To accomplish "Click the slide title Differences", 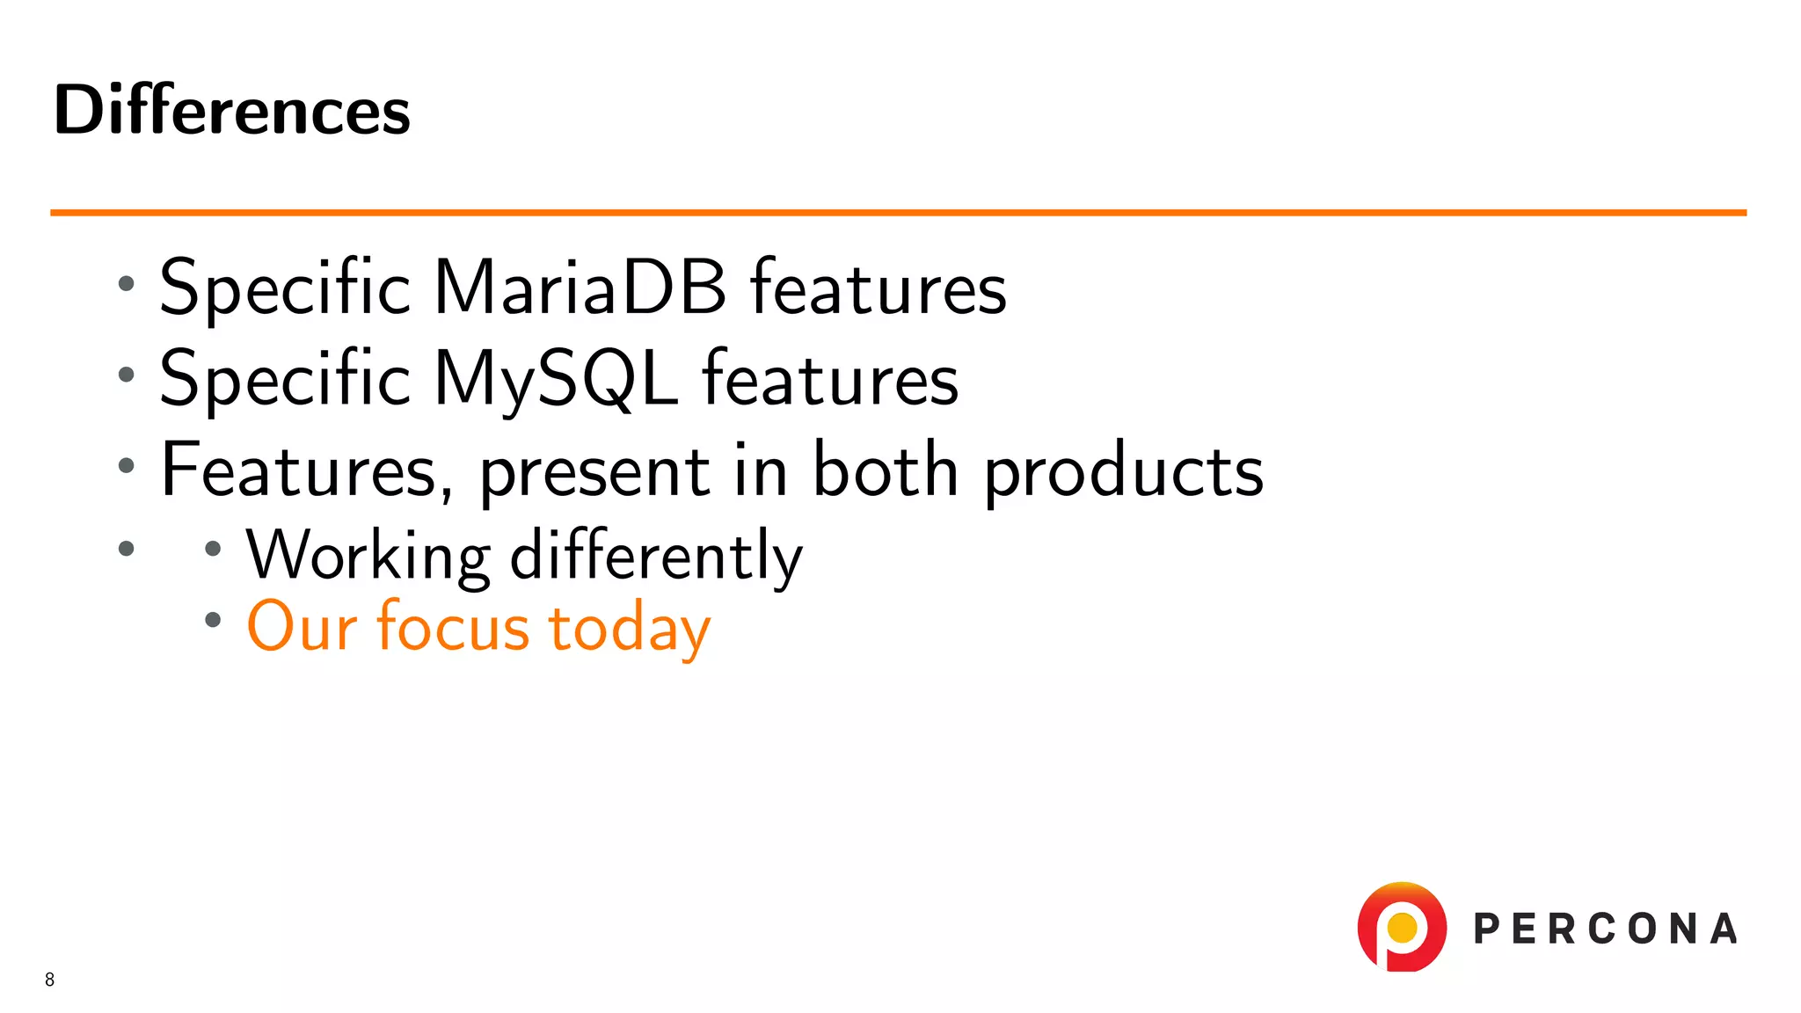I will (232, 111).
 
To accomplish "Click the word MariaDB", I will (580, 288).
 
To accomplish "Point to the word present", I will (594, 472).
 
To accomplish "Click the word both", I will (885, 470).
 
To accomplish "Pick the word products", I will (1123, 472).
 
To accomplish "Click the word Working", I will (368, 556).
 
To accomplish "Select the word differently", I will (656, 556).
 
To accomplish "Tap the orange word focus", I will (453, 627).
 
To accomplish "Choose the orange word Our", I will (302, 627).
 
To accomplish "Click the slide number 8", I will (49, 980).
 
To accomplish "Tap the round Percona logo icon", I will (1402, 928).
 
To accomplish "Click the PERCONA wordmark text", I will (1605, 929).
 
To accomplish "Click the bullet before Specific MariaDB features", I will (127, 284).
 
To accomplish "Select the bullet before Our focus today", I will (212, 620).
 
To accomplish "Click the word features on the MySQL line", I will (829, 379).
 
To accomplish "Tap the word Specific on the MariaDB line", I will (285, 288).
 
